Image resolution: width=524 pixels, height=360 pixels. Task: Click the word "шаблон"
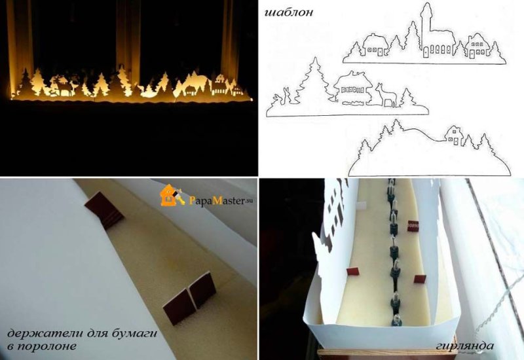click(289, 13)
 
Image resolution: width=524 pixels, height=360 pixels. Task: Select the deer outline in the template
click(386, 96)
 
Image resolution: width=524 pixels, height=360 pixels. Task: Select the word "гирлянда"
click(464, 346)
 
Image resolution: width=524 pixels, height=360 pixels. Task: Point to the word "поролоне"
click(46, 346)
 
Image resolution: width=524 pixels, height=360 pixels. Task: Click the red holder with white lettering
click(413, 226)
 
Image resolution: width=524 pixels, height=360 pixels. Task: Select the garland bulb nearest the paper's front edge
click(395, 319)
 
